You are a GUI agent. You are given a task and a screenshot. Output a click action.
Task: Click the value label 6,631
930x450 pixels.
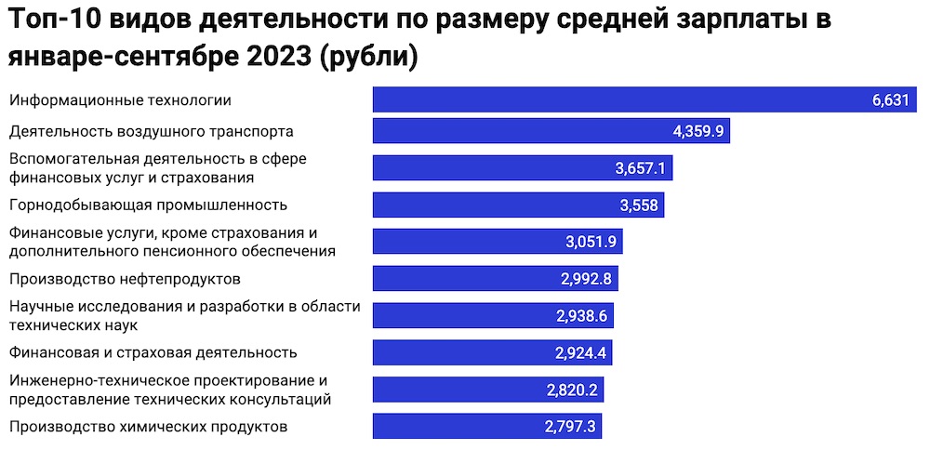point(890,100)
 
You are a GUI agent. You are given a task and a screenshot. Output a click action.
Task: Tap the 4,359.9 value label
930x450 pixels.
point(698,131)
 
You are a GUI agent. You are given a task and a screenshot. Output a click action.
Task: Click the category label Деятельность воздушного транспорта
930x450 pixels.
point(151,131)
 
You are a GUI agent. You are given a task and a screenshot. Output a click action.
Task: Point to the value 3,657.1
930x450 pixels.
point(641,168)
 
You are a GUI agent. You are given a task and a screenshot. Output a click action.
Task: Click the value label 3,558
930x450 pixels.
point(637,205)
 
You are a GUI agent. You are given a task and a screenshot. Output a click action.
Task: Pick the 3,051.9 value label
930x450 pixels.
point(591,242)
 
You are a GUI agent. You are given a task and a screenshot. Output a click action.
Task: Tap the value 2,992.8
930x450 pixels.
point(586,279)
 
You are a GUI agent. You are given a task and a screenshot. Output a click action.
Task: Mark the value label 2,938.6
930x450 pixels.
point(581,316)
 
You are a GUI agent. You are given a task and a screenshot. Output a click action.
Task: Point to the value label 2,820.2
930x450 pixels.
point(572,390)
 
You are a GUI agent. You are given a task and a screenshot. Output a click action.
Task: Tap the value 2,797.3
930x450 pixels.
point(569,427)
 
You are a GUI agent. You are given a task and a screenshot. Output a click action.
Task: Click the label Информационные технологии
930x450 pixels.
point(119,100)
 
